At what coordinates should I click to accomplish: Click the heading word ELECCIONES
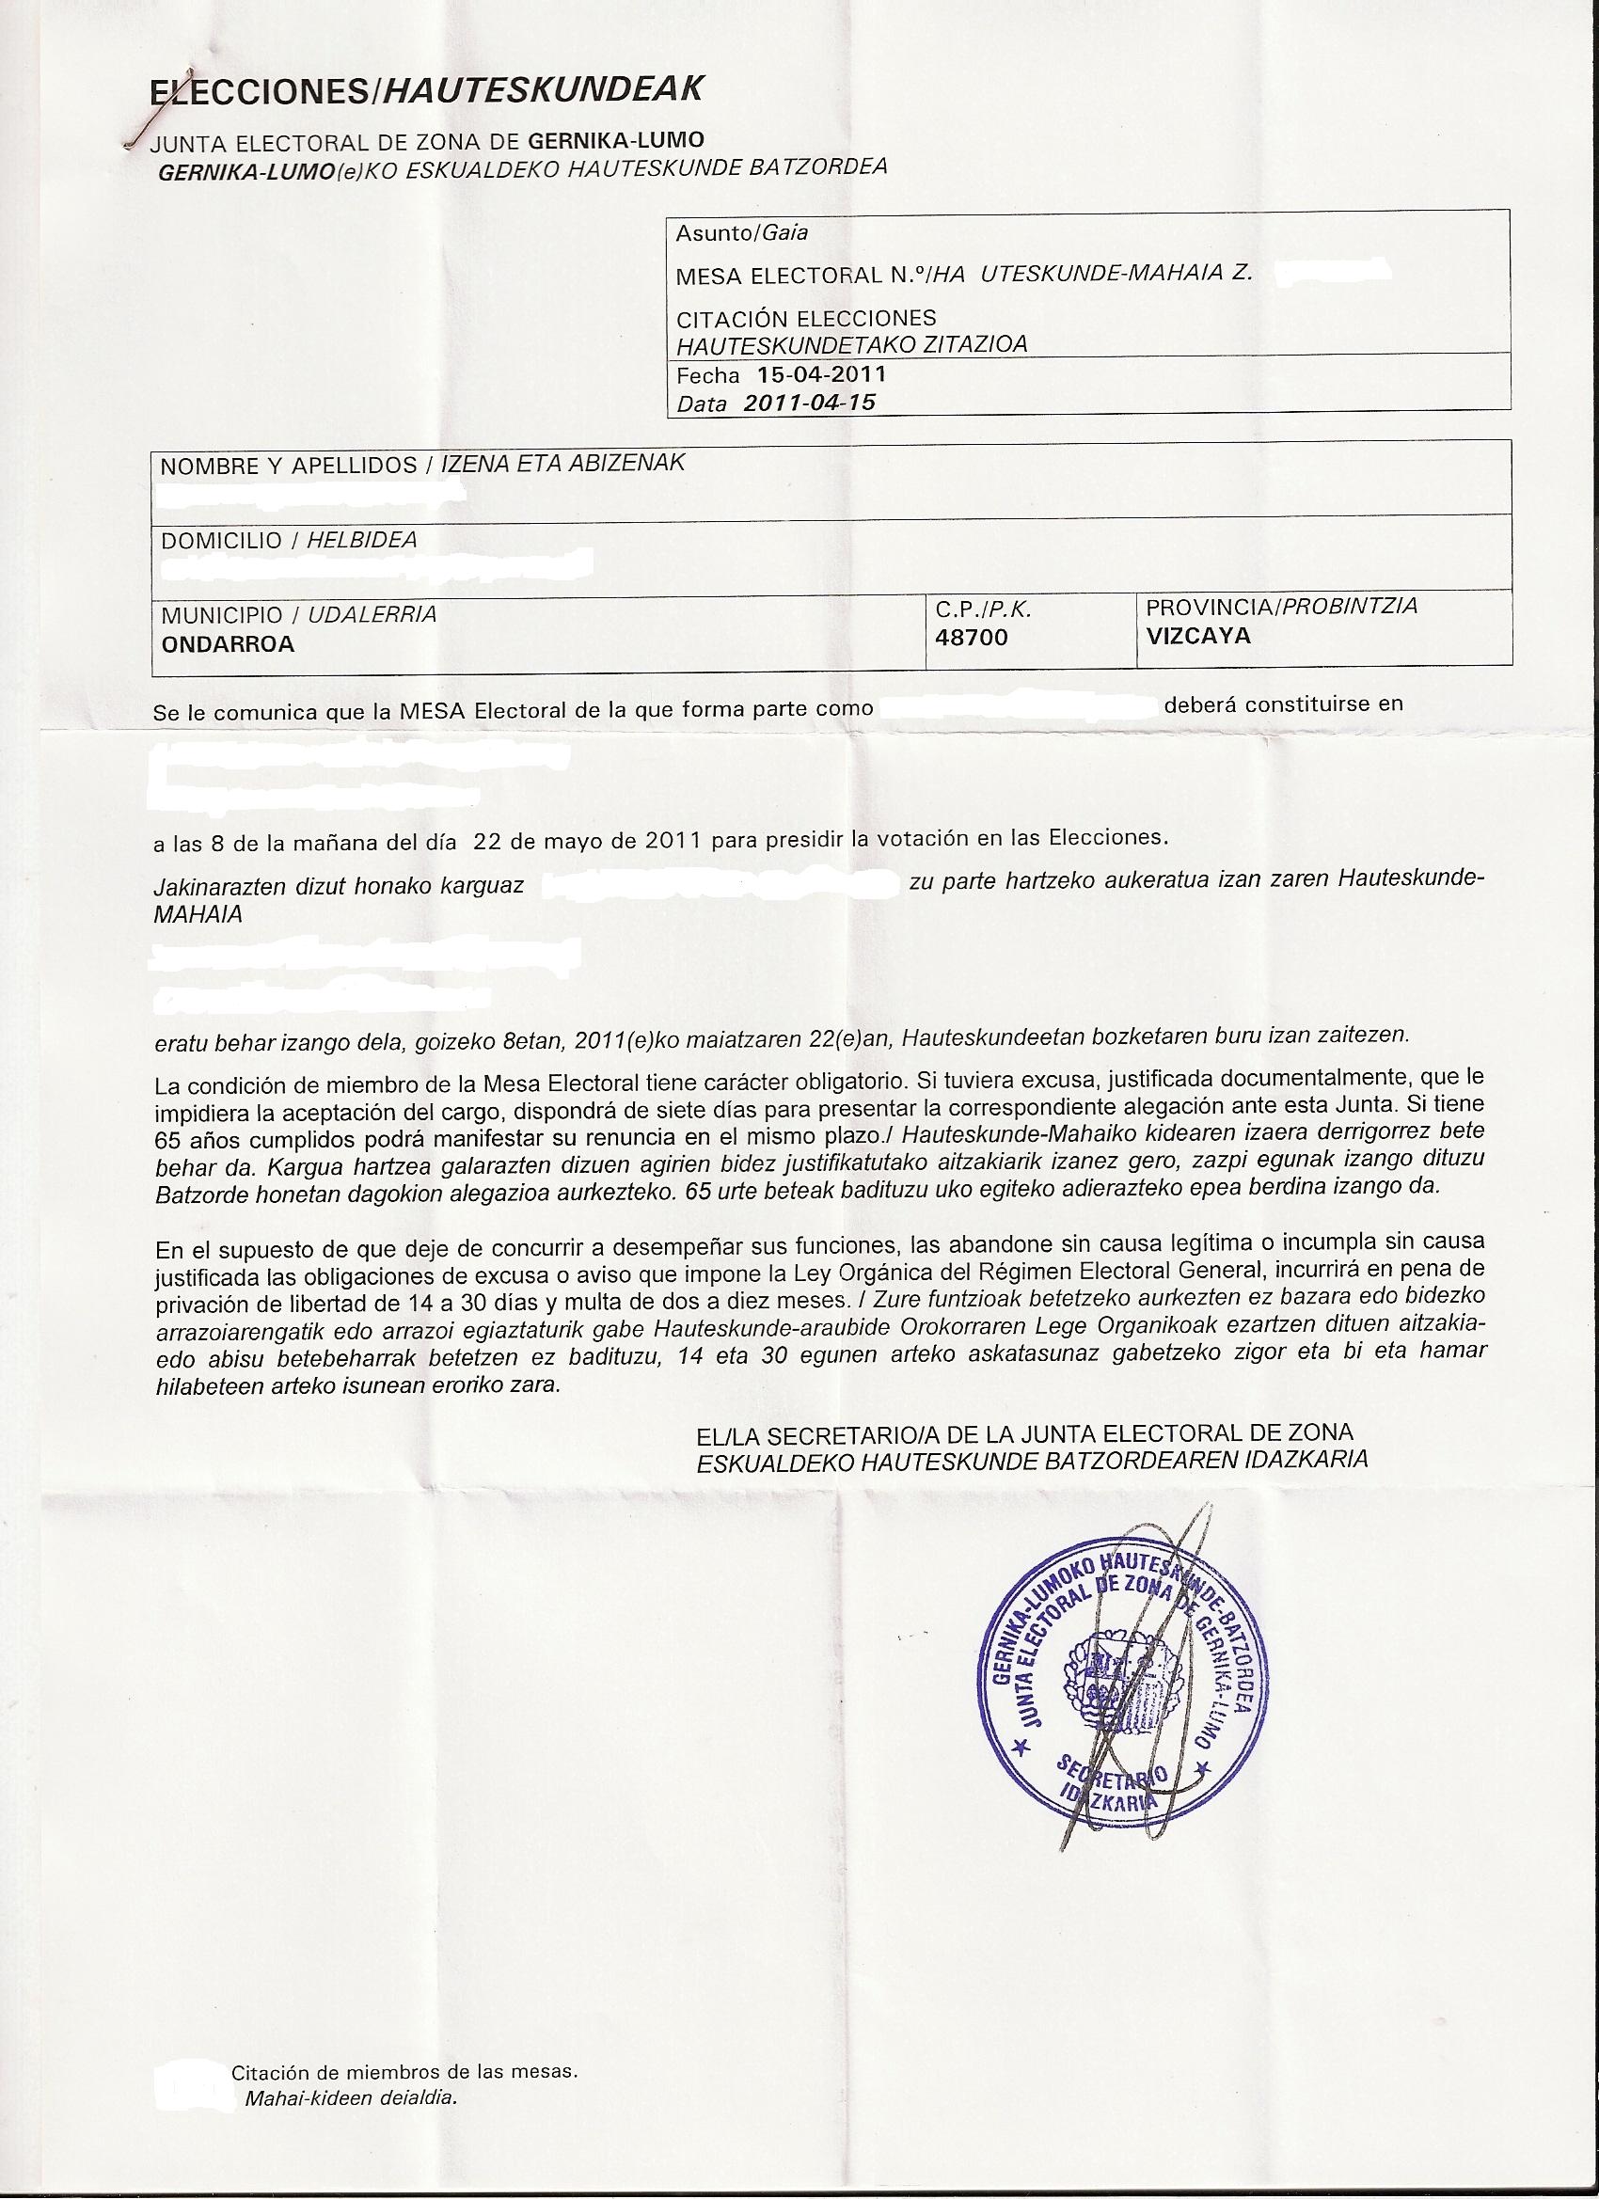pyautogui.click(x=257, y=92)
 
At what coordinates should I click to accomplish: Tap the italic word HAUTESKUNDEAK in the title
pyautogui.click(x=543, y=90)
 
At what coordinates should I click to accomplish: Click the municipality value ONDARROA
pyautogui.click(x=228, y=643)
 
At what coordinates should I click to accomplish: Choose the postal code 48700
pyautogui.click(x=972, y=637)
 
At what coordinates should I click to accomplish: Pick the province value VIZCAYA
pyautogui.click(x=1198, y=636)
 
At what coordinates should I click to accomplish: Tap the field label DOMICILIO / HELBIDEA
pyautogui.click(x=289, y=540)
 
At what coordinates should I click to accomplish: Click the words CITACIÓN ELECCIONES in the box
pyautogui.click(x=806, y=318)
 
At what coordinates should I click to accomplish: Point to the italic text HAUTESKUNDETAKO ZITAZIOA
pyautogui.click(x=851, y=344)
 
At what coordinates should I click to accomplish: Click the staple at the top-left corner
pyautogui.click(x=144, y=126)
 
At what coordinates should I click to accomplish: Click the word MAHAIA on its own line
pyautogui.click(x=198, y=913)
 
